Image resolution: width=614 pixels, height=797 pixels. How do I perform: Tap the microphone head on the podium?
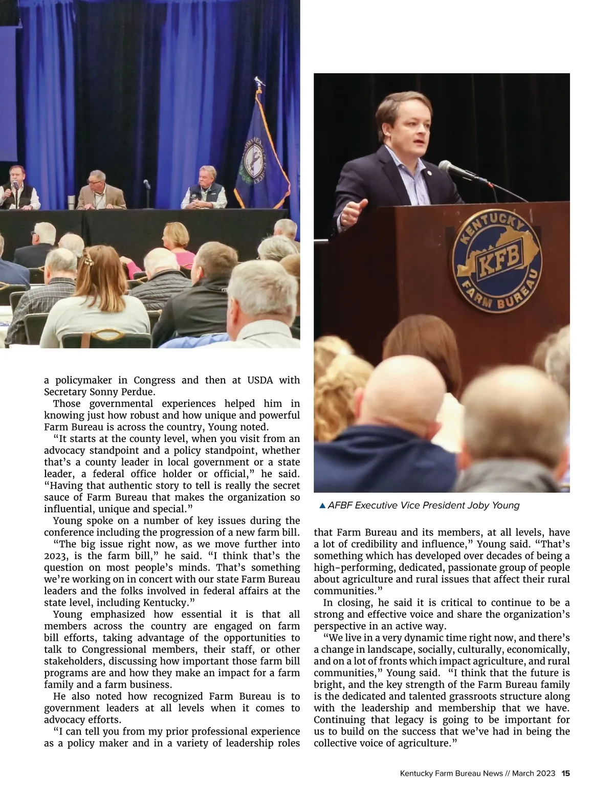[x=449, y=167]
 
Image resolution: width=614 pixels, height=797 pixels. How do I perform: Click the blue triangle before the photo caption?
[x=322, y=506]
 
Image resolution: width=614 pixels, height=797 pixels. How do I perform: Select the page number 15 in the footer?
[x=565, y=773]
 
